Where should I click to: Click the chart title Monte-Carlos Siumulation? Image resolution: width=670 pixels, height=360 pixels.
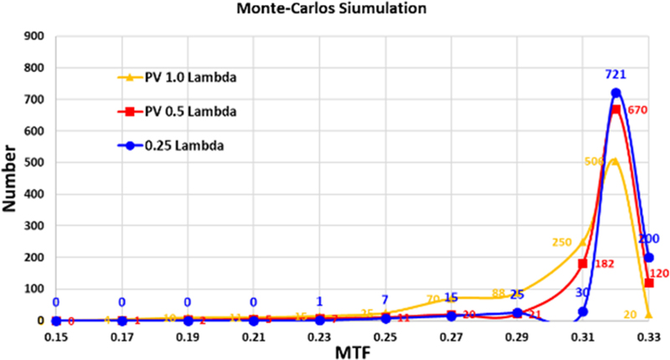pos(334,10)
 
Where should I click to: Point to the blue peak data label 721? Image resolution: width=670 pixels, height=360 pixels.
pos(616,75)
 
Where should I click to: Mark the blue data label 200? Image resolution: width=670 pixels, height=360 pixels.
pos(648,239)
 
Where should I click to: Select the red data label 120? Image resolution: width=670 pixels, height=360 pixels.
pos(659,273)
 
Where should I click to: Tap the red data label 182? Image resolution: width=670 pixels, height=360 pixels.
pos(605,264)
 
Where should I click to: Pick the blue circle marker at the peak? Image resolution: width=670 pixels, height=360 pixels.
pos(616,93)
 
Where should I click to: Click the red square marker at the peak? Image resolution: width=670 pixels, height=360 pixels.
pos(616,110)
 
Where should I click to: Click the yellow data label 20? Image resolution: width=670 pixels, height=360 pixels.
pos(630,315)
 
